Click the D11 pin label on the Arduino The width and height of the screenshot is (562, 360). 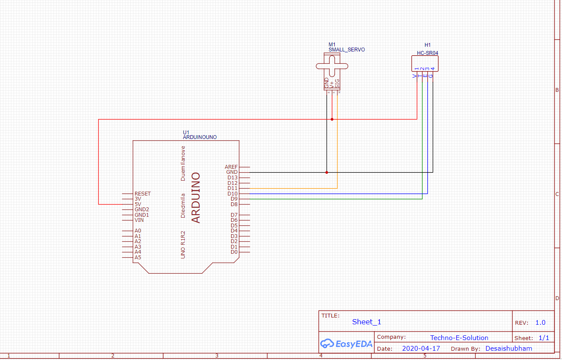[x=232, y=188]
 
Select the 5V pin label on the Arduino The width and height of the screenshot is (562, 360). [x=138, y=204]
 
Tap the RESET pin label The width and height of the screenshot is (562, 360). [x=142, y=194]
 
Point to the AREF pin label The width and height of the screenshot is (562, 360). [x=231, y=167]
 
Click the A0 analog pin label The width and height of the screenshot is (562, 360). [x=138, y=231]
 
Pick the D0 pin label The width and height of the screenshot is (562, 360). [x=234, y=252]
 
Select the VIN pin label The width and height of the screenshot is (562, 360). [x=139, y=220]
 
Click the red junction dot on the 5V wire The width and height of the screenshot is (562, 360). [x=332, y=119]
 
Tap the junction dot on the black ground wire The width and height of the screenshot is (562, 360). [x=327, y=173]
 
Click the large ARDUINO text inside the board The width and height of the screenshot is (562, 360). [x=196, y=198]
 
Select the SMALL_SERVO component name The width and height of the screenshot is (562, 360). [x=347, y=50]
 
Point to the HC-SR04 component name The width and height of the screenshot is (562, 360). [x=427, y=54]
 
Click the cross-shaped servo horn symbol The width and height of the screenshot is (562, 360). [x=332, y=66]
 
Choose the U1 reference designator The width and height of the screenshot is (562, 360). [x=186, y=133]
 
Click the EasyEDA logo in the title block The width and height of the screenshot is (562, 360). [x=346, y=344]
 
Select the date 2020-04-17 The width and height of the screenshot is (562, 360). [x=421, y=349]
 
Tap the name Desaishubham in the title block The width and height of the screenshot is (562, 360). [x=508, y=349]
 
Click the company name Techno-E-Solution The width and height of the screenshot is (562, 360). [x=459, y=338]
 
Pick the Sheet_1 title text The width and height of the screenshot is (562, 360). [x=367, y=322]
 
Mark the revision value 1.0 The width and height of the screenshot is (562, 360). [x=540, y=323]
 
